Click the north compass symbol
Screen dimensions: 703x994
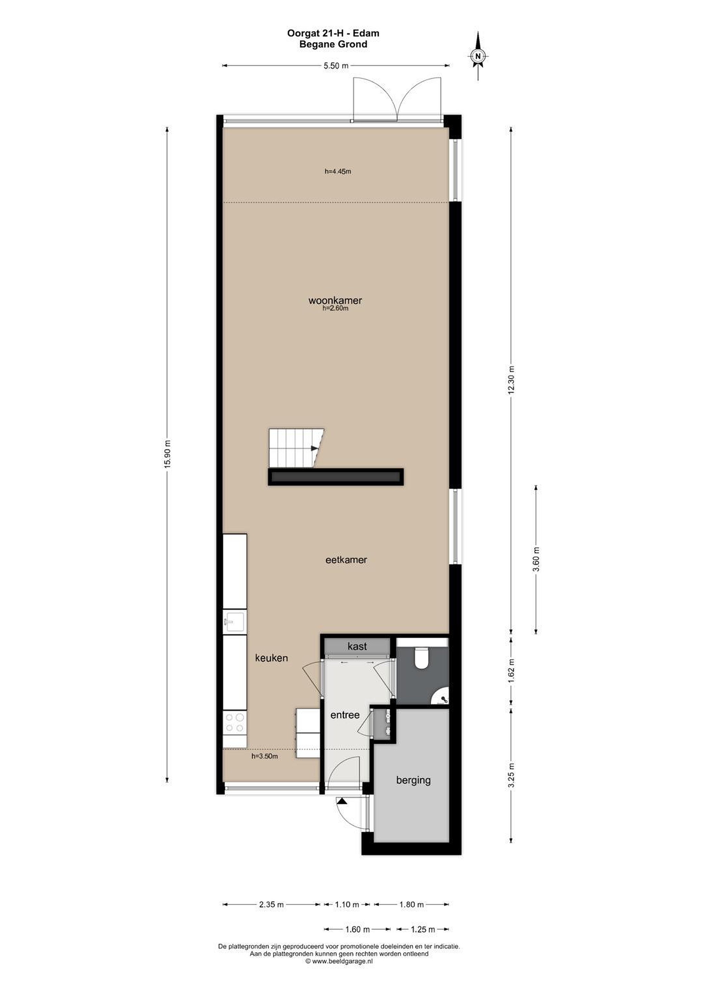coord(478,56)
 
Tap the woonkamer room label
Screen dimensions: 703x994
coord(335,301)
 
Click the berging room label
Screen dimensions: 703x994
coord(413,781)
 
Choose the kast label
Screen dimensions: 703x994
coord(357,646)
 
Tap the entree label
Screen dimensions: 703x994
coord(345,715)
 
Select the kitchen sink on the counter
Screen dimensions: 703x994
coord(234,623)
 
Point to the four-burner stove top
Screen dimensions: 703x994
coord(234,723)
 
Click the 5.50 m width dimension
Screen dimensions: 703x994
coord(336,66)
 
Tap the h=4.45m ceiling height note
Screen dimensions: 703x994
coord(337,172)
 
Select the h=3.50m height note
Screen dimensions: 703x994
coord(264,756)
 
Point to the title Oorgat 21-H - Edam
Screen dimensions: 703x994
coord(333,33)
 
